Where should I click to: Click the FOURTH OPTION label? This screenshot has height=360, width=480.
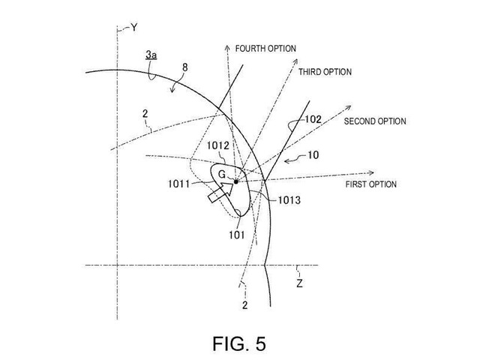pos(265,48)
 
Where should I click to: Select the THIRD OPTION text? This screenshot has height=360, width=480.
pos(325,72)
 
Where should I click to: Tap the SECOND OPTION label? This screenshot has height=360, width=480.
pos(375,121)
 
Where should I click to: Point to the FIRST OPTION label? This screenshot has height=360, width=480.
pos(371,184)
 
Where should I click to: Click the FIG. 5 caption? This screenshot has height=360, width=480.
pos(239,343)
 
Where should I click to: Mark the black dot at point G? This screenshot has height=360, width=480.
pos(235,181)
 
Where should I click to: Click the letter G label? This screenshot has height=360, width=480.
pos(222,175)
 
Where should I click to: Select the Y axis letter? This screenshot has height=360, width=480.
pos(133,28)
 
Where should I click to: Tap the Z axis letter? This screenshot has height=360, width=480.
pos(299,283)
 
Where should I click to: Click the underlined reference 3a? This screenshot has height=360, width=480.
pos(151,55)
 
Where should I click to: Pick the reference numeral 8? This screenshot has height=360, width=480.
pos(185,67)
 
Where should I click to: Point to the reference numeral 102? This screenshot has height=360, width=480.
pos(313,119)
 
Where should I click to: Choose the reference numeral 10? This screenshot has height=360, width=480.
pos(313,155)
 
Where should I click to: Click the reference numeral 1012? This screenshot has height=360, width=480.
pos(218,145)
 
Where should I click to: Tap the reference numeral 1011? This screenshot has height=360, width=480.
pos(179,184)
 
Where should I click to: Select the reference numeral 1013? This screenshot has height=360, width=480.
pos(289,200)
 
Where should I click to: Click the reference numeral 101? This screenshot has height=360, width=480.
pos(237,235)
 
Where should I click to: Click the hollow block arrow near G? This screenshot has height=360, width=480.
pos(220,192)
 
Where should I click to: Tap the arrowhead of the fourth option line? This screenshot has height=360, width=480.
pos(227,47)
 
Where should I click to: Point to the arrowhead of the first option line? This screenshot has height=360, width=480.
pos(371,173)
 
